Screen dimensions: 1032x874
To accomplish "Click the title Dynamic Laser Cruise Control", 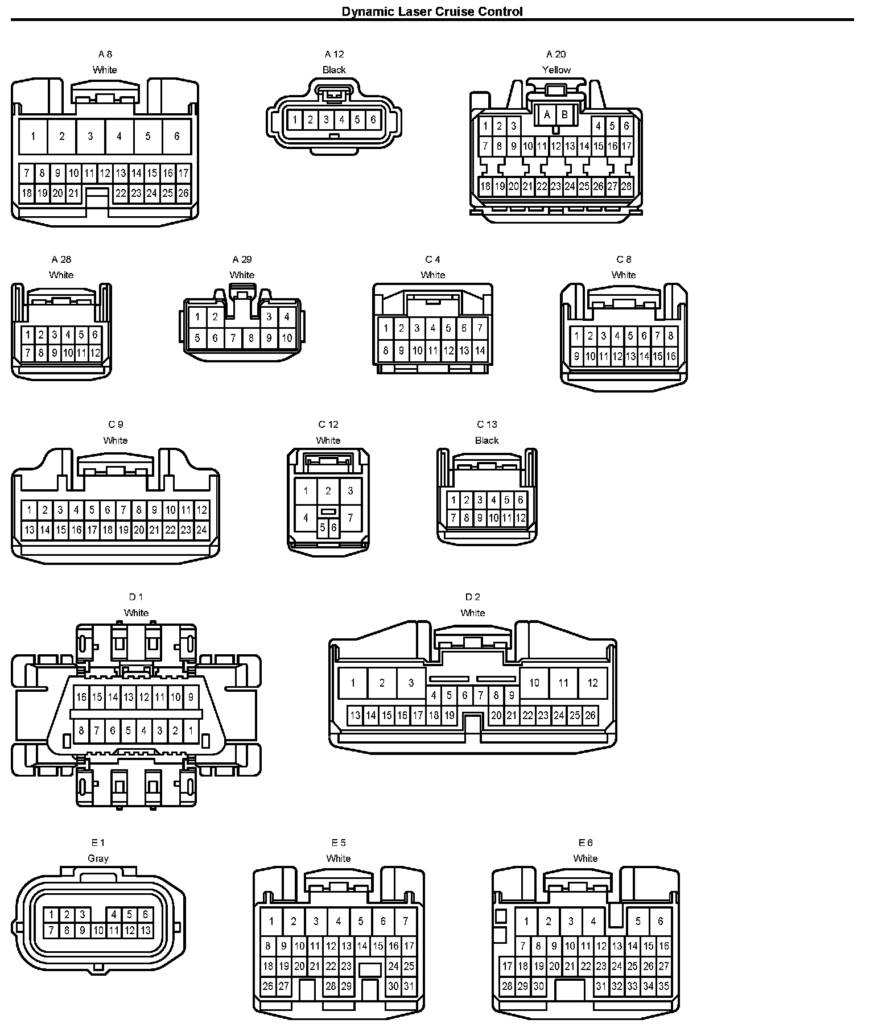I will [432, 11].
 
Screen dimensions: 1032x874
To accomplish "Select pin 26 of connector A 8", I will [183, 193].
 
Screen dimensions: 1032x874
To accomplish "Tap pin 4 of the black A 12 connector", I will [341, 119].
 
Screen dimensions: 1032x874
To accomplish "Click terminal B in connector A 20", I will [564, 115].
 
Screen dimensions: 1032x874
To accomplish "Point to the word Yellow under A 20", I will [556, 70].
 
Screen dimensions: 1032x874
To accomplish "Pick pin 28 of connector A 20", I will [626, 186].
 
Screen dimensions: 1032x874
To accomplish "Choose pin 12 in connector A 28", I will [95, 353].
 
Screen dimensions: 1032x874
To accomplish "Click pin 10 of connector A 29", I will [287, 338].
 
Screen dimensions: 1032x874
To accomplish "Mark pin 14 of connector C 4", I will [480, 350].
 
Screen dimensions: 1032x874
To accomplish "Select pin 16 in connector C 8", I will [671, 357].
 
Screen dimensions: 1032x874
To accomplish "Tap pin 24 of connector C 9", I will [201, 530].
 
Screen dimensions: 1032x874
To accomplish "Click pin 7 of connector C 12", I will [351, 518].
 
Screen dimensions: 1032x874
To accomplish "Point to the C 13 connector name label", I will [487, 424].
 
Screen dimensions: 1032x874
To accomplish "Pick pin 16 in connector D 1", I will [81, 697].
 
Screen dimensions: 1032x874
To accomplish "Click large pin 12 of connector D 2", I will [592, 683].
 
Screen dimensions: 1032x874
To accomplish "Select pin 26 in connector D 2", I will [590, 715].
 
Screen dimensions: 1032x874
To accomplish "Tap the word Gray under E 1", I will [98, 858].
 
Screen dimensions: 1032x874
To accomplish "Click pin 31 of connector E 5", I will [409, 986].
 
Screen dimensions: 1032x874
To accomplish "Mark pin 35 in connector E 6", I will [663, 986].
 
